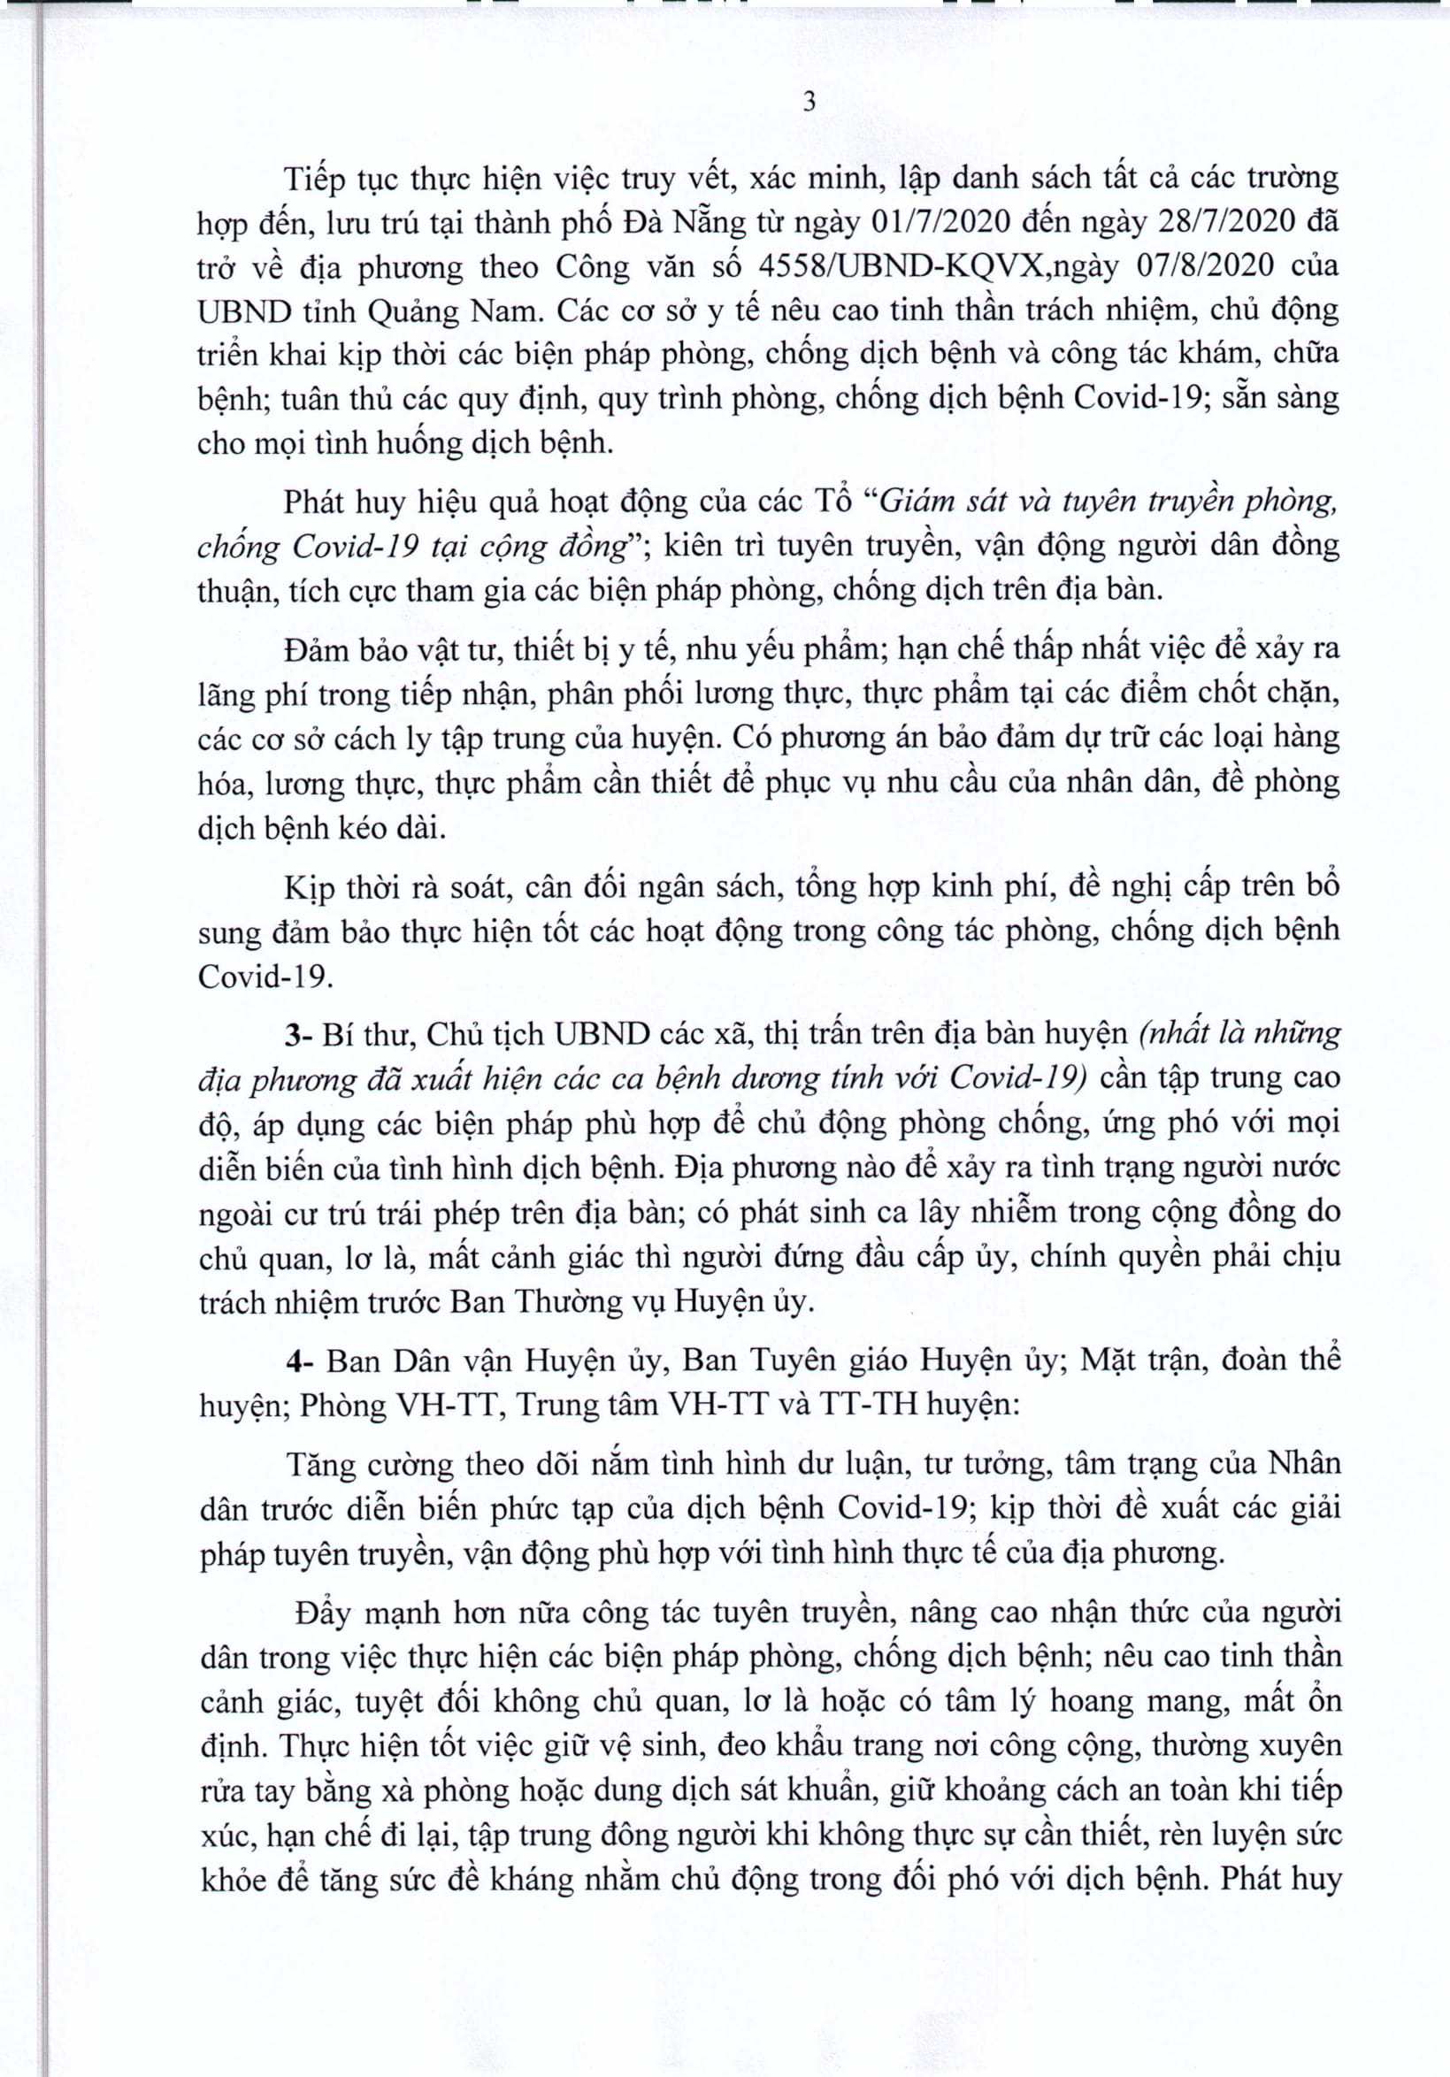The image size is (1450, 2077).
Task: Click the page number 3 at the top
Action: pyautogui.click(x=809, y=103)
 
